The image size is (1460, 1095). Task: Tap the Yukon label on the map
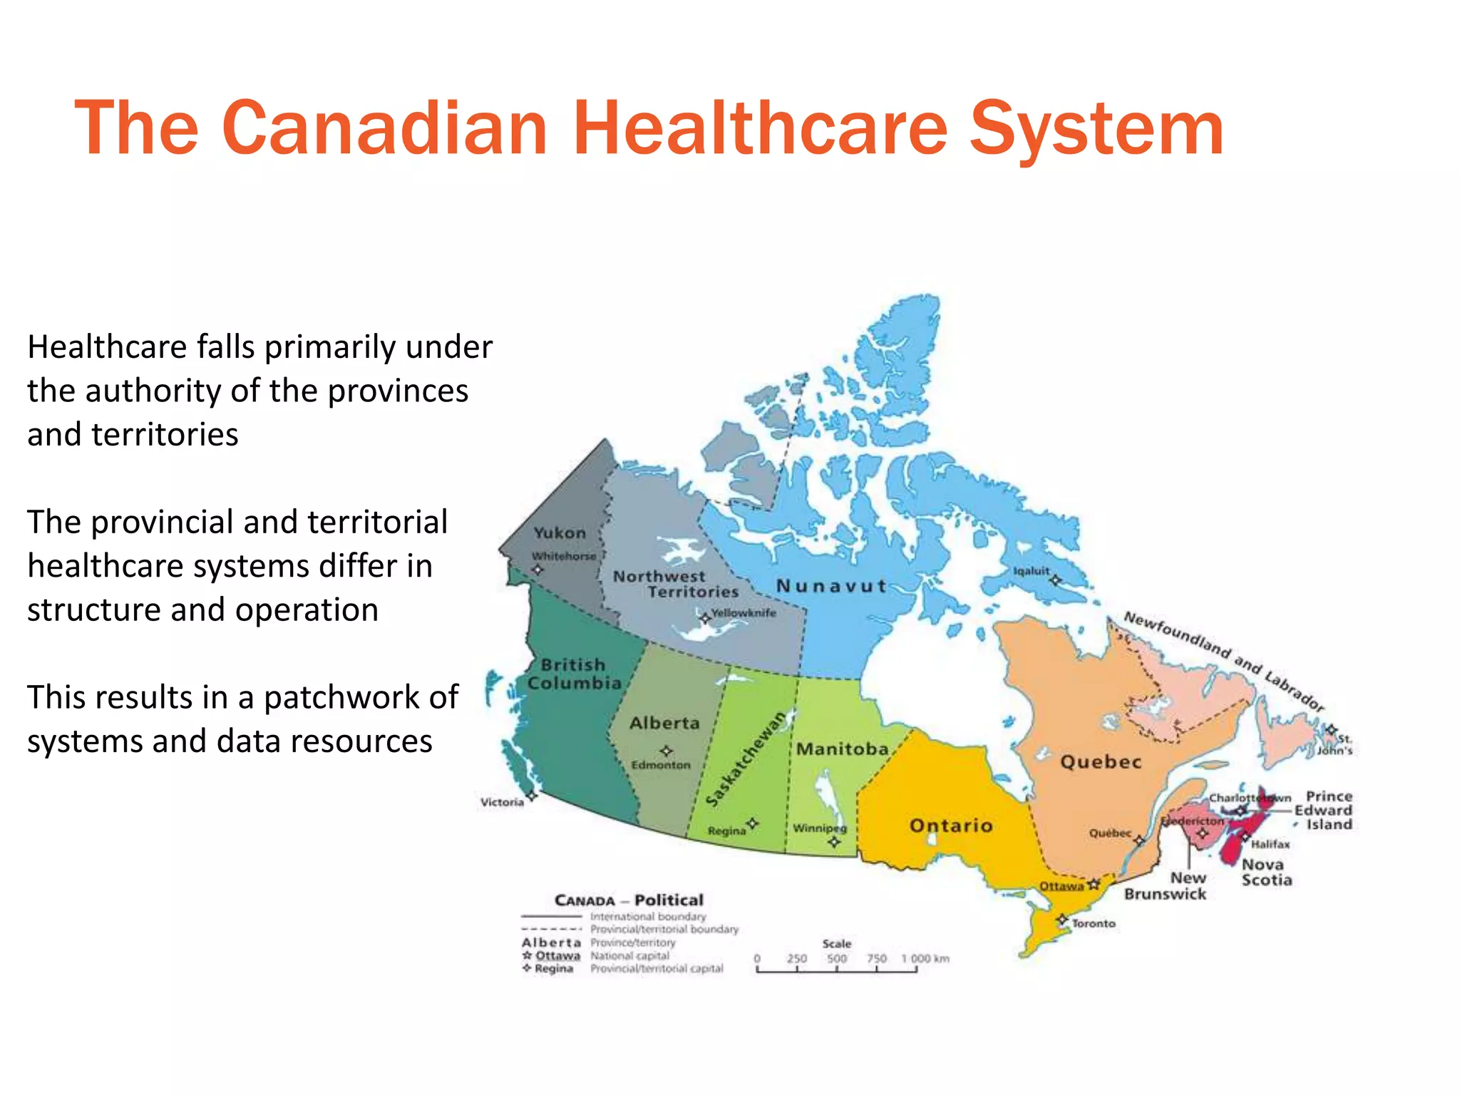[x=560, y=533]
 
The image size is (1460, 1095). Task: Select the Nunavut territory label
[x=831, y=586]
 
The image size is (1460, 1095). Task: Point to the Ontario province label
[x=951, y=826]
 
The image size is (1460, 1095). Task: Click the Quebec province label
[x=1101, y=762]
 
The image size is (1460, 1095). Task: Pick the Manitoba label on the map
[x=842, y=749]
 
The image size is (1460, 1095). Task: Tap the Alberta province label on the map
[x=664, y=723]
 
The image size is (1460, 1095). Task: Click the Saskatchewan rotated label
[x=746, y=759]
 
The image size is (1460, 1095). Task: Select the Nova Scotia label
[x=1266, y=872]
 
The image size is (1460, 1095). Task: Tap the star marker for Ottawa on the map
[x=1094, y=885]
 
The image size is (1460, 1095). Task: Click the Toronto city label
[x=1094, y=923]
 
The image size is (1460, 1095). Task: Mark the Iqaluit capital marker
[x=1056, y=580]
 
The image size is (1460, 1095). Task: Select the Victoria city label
[x=502, y=802]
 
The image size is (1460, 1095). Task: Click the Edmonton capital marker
[x=666, y=751]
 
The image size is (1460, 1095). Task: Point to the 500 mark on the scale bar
[x=837, y=959]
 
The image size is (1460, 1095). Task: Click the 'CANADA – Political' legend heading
[x=629, y=900]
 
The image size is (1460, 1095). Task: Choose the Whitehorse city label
[x=563, y=556]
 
